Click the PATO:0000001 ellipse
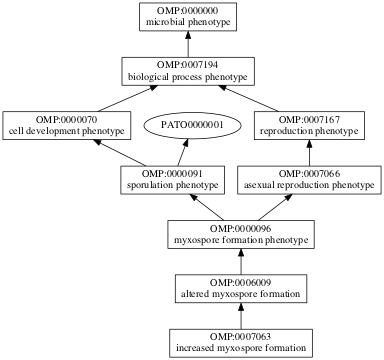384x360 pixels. pyautogui.click(x=186, y=125)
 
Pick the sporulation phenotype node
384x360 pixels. pyautogui.click(x=169, y=179)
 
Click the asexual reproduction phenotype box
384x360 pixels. pyautogui.click(x=309, y=179)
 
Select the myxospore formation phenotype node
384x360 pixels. pyautogui.click(x=238, y=234)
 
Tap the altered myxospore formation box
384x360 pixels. pyautogui.click(x=238, y=288)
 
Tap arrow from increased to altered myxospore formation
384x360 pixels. pyautogui.click(x=238, y=315)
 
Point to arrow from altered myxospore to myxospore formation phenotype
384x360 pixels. pyautogui.click(x=238, y=261)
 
